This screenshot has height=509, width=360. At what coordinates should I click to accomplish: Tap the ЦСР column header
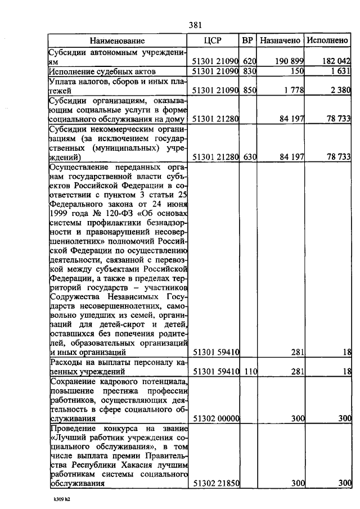(216, 40)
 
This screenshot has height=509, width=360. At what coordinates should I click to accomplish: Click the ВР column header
(247, 40)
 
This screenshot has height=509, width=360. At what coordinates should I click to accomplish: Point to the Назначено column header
(280, 40)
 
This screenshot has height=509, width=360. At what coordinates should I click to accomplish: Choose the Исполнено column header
(326, 40)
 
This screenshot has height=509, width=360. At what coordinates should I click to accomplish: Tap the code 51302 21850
(217, 483)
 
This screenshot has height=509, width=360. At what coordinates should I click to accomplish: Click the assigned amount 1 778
(294, 90)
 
